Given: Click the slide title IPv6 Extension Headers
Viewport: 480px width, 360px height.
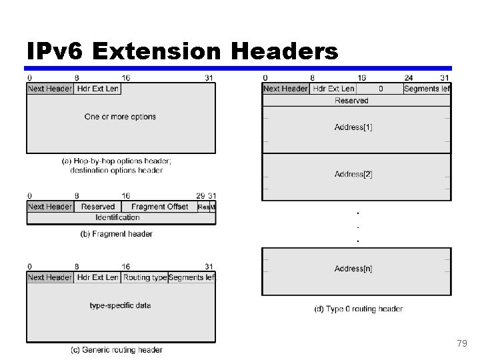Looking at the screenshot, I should [x=182, y=51].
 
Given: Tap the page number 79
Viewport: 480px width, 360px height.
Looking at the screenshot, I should [x=462, y=343].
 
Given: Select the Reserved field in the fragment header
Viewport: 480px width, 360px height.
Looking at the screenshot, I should [x=98, y=207].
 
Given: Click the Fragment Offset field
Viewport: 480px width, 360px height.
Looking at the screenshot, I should [x=159, y=207].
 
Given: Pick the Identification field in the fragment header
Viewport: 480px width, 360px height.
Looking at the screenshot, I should [x=117, y=217].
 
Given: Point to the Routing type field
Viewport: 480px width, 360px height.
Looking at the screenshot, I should [x=145, y=277].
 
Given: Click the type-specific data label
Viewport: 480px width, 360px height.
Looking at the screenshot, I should [x=120, y=305].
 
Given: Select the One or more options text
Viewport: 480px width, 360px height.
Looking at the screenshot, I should [x=120, y=117].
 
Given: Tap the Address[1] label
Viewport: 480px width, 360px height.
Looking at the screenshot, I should [x=353, y=127].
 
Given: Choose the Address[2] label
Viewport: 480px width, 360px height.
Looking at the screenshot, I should [x=353, y=174].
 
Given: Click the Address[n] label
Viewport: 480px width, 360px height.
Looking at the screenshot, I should [x=353, y=269].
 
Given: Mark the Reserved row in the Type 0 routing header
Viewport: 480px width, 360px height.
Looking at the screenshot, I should [x=351, y=101].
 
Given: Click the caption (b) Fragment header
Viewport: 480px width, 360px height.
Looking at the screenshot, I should [x=116, y=234].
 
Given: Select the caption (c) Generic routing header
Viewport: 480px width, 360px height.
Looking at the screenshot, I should [x=117, y=350].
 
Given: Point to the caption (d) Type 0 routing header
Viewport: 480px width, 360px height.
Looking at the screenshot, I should [x=358, y=309].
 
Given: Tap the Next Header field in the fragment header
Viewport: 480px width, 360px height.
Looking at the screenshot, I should [x=50, y=207].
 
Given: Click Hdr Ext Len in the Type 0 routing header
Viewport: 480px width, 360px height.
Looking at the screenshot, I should [x=333, y=89].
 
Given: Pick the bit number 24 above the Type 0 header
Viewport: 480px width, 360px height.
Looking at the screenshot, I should [x=408, y=78].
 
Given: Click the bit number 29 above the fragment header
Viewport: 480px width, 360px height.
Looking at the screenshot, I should [x=200, y=196].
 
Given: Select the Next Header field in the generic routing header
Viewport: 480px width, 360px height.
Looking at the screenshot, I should [x=50, y=277].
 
